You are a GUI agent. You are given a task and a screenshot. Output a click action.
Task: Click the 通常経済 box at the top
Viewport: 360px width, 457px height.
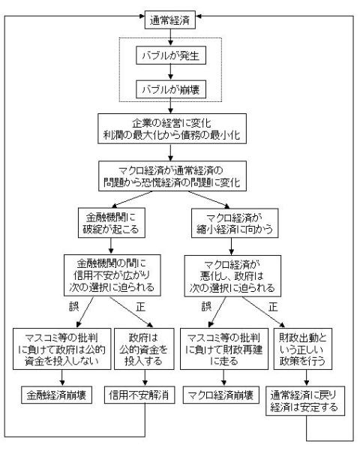(169, 20)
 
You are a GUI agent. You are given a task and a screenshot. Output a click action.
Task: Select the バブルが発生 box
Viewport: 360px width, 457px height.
(171, 56)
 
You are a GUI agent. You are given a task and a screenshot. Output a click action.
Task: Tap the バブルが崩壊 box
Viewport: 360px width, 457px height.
(171, 89)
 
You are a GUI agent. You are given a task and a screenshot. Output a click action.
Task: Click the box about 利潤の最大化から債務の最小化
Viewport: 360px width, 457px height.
(172, 129)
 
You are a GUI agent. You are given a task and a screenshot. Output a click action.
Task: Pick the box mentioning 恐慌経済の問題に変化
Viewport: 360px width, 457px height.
(172, 176)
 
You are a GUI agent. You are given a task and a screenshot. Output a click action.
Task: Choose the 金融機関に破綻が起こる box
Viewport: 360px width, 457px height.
(111, 223)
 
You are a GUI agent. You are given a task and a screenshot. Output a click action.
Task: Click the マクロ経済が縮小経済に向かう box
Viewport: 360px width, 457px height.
(235, 224)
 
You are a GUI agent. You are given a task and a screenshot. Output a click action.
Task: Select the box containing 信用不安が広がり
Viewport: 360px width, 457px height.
(112, 275)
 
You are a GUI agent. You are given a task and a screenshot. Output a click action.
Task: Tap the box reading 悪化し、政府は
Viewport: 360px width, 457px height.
(232, 276)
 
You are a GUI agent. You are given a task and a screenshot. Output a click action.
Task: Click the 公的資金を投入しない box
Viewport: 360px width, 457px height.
(61, 349)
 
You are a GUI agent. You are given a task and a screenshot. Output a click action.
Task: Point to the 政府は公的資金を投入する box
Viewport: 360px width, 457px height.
(144, 349)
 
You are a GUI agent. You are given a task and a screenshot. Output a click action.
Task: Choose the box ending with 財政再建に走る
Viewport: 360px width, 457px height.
(224, 349)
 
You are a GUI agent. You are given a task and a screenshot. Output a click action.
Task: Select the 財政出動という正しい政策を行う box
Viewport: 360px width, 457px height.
(302, 349)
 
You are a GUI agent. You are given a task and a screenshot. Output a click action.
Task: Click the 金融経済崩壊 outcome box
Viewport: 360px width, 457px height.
(56, 395)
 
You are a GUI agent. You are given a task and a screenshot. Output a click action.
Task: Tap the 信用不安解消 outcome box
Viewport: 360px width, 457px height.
(139, 395)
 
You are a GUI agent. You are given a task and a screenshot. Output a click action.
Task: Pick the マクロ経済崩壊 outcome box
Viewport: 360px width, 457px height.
(220, 395)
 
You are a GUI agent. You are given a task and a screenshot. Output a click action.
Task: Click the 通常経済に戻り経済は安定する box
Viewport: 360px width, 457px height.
(305, 401)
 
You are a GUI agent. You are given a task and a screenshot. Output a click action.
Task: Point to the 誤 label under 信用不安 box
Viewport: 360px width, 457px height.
(74, 306)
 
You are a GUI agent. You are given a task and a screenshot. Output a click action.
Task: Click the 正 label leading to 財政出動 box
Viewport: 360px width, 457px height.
(273, 307)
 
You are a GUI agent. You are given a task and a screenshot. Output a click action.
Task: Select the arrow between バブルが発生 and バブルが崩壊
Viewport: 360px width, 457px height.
(171, 72)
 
